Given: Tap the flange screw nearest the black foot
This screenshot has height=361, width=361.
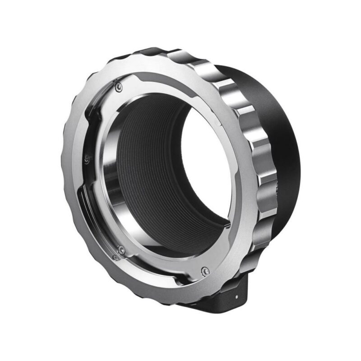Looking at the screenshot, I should [x=206, y=271].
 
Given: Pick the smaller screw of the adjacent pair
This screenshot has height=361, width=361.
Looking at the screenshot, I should [x=116, y=258].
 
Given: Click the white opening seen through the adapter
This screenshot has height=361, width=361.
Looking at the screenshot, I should [x=205, y=171].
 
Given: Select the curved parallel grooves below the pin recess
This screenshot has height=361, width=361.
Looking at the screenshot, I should [x=88, y=199].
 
